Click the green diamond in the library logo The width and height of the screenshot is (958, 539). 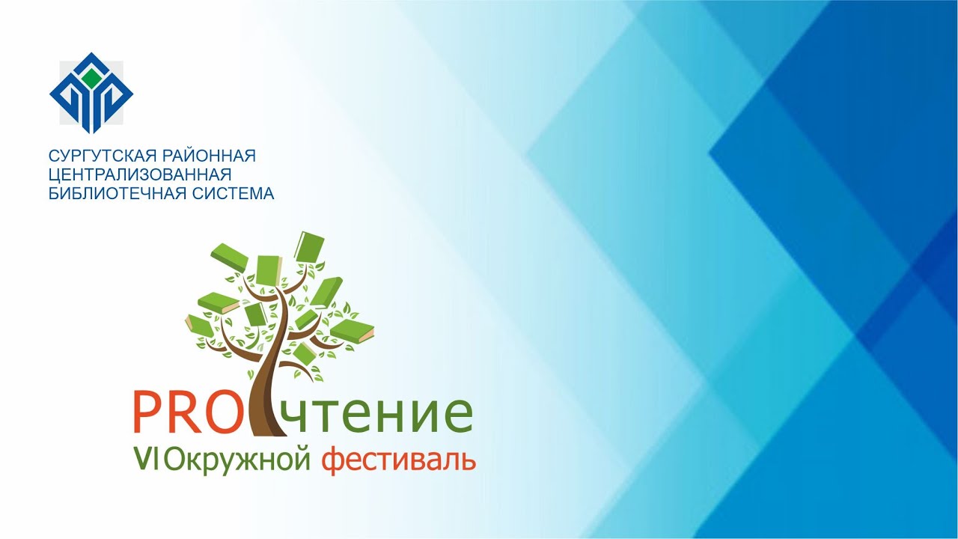(91, 77)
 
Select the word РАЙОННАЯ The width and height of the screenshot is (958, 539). (210, 156)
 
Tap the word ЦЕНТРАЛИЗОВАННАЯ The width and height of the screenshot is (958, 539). (138, 174)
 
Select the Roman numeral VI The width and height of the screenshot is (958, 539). (145, 458)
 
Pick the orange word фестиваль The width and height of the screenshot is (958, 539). (398, 460)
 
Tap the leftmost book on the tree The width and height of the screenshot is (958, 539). (199, 326)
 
